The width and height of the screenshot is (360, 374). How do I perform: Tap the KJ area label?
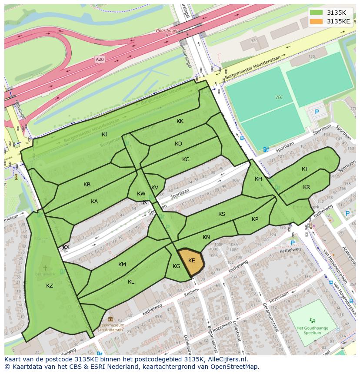104,135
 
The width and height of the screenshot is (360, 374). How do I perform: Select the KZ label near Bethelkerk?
50,285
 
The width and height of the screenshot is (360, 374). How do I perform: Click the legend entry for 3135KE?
338,21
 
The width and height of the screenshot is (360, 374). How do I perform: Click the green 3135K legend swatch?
317,12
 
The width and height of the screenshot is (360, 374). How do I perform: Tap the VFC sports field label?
279,97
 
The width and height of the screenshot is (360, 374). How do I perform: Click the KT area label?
305,169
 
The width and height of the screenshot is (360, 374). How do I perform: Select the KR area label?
307,187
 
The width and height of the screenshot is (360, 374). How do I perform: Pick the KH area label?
258,179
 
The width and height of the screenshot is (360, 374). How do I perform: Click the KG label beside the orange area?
176,266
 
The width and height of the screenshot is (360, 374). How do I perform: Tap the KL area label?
131,282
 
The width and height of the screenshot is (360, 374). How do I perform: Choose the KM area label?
122,265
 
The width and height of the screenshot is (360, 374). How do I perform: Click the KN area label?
206,237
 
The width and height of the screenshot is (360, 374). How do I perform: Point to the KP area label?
255,219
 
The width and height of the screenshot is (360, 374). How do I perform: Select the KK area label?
180,122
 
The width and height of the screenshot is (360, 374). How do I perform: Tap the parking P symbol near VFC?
317,112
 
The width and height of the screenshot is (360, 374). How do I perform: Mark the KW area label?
141,194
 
